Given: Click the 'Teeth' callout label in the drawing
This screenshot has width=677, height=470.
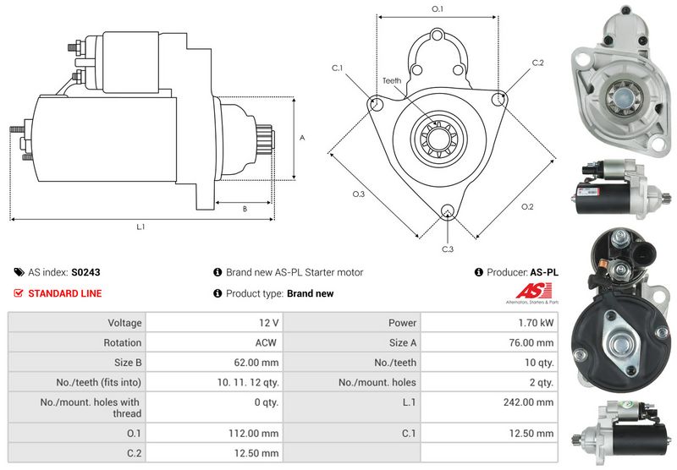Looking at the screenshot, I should click(391, 81).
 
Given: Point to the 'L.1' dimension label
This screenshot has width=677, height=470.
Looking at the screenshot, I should click(140, 227).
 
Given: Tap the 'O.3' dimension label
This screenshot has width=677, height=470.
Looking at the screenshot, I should click(359, 194).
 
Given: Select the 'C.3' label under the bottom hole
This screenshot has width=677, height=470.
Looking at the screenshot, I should click(448, 249).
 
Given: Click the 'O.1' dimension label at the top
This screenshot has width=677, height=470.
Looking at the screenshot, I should click(438, 8).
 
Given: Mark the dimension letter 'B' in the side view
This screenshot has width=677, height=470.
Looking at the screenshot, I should click(245, 209).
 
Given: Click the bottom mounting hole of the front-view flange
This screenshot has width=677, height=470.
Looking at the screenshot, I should click(448, 211).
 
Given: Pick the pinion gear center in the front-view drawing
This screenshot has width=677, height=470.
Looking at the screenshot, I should click(438, 134).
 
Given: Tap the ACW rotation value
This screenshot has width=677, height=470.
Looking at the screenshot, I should click(265, 343).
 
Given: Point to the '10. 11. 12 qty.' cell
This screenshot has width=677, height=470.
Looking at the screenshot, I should click(247, 383).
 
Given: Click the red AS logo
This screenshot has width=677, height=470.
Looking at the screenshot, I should click(532, 291).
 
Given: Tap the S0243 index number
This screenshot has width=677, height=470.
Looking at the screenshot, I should click(86, 273).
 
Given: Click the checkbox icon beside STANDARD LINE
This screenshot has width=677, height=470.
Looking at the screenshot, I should click(19, 293).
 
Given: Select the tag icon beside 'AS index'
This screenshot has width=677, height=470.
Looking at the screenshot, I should click(19, 273).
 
